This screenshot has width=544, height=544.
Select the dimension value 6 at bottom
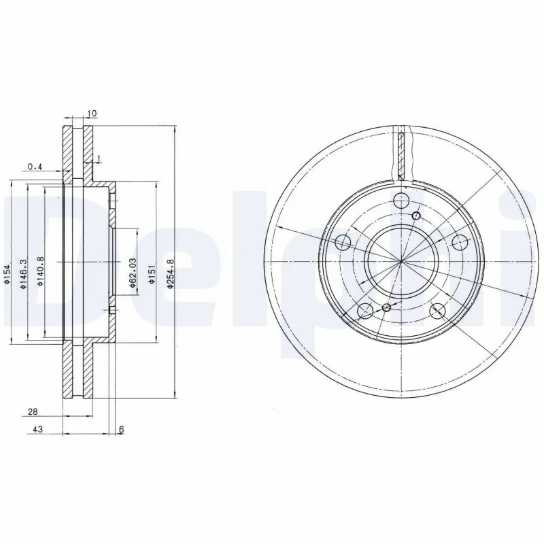click(122, 430)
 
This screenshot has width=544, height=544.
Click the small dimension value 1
click(99, 159)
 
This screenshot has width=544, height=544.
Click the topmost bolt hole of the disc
click(401, 201)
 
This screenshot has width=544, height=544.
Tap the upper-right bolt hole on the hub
click(460, 242)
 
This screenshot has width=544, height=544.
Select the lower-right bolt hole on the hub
click(438, 311)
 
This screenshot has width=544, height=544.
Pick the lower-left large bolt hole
click(365, 311)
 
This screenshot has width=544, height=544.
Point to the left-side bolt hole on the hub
click(343, 243)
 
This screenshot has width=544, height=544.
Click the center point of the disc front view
click(401, 262)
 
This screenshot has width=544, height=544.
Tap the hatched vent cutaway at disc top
click(404, 153)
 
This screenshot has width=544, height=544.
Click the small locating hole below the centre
click(386, 308)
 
